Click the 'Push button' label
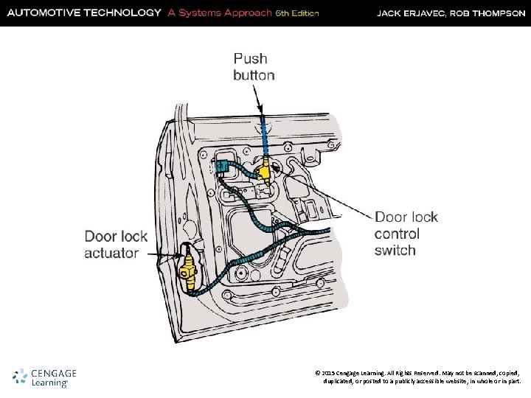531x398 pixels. point(254,66)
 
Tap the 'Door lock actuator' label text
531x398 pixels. point(116,245)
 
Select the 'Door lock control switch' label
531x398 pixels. point(406,234)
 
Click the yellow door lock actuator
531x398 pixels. point(190,266)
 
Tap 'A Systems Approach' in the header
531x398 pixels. point(219,13)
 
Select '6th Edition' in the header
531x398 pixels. point(296,13)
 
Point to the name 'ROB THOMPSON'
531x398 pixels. point(488,13)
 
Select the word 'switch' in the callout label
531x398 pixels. point(395,251)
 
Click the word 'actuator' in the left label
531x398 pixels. point(111,253)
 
